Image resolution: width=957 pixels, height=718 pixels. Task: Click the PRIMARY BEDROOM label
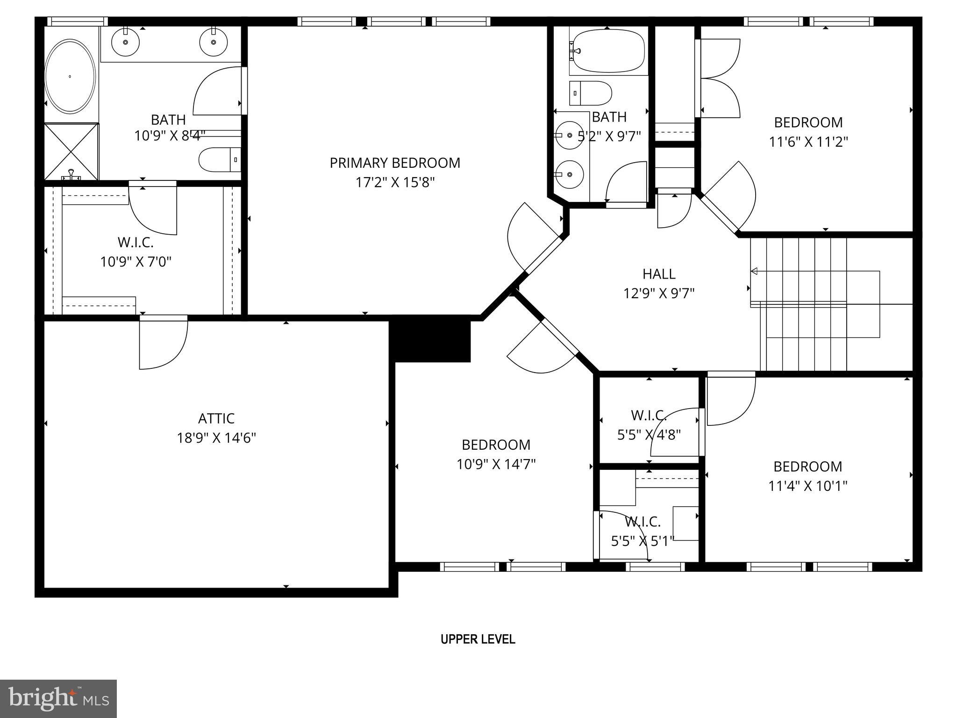(x=395, y=163)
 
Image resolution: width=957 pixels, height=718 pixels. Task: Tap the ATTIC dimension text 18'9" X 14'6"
(x=216, y=438)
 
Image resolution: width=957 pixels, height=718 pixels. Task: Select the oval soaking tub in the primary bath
(x=70, y=76)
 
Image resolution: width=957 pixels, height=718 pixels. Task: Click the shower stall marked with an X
(x=71, y=151)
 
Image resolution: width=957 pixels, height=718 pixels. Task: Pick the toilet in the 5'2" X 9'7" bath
(x=590, y=93)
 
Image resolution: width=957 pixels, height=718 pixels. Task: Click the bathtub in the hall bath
(x=607, y=50)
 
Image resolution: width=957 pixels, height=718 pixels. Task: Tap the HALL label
(x=659, y=273)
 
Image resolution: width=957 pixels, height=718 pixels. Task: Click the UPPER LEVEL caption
(x=478, y=639)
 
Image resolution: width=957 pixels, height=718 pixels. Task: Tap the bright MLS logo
(x=58, y=698)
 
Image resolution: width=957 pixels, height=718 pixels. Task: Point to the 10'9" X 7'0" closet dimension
(x=136, y=262)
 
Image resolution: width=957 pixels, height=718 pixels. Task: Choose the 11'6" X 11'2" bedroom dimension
(x=808, y=142)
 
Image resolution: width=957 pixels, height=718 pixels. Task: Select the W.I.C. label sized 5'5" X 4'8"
(x=649, y=415)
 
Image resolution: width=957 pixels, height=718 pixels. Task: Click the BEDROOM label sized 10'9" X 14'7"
(x=496, y=444)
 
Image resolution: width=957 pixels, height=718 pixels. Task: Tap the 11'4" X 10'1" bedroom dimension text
(x=808, y=486)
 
